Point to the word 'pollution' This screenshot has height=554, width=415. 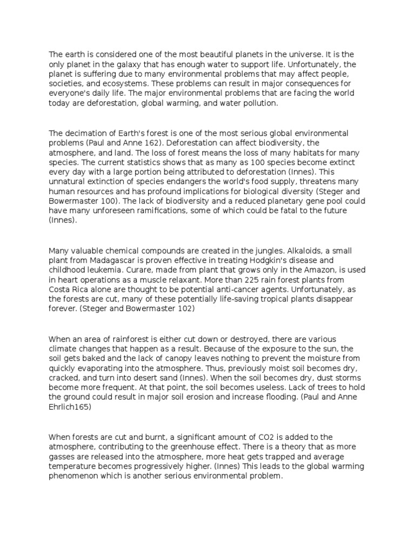pyautogui.click(x=259, y=103)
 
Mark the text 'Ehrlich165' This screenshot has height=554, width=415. pyautogui.click(x=71, y=407)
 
